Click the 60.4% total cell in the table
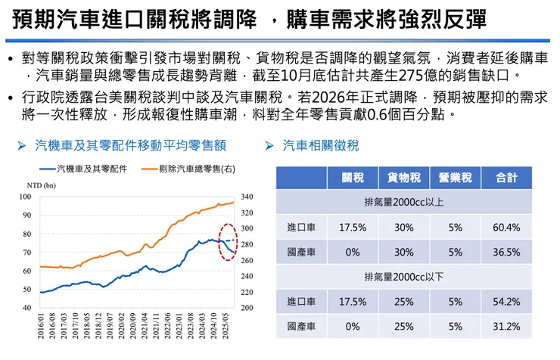pos(506,227)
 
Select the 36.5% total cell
pos(506,252)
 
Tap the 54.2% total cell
pos(506,302)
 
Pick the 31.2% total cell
pos(506,327)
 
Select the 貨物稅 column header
pos(404,178)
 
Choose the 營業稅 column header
pos(456,178)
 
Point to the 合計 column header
pos(506,178)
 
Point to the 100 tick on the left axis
pos(26,197)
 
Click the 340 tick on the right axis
pos(247,197)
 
